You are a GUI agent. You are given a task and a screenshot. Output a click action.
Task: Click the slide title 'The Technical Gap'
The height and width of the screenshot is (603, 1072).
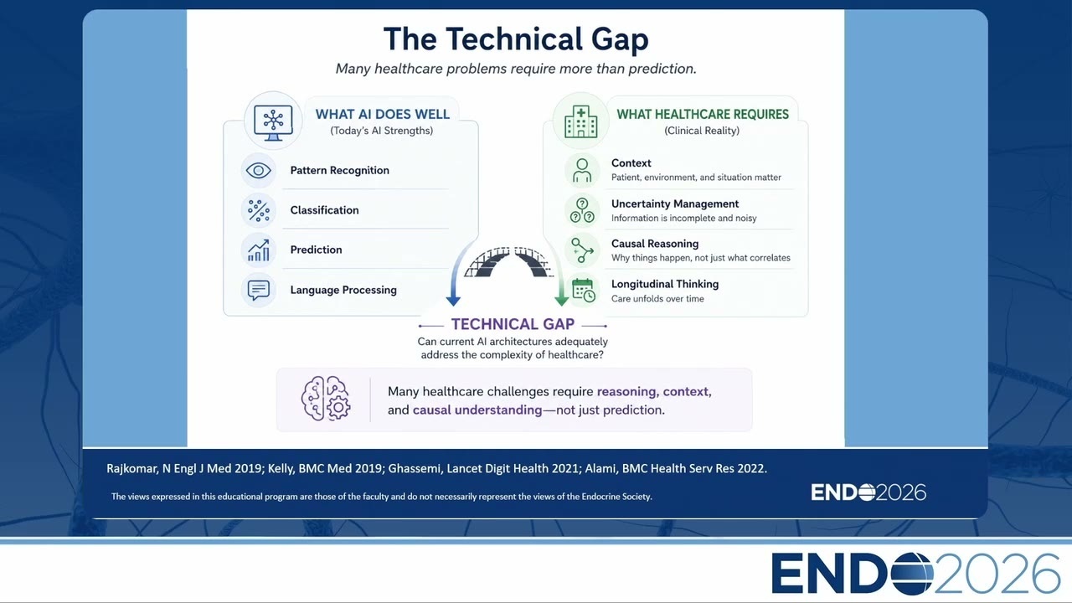point(516,39)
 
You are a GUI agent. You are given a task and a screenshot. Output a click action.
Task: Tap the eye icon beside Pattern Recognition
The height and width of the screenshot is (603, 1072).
point(259,170)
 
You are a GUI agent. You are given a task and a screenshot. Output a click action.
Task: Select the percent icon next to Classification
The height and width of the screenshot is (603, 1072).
point(259,210)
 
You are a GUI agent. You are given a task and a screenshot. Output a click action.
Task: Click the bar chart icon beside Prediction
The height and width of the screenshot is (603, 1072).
point(259,250)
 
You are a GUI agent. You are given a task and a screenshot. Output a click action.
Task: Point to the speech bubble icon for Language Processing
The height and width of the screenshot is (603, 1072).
point(259,290)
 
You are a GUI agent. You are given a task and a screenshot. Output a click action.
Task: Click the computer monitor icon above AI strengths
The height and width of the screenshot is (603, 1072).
point(273,123)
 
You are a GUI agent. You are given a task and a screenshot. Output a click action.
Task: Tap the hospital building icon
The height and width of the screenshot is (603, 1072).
point(580,122)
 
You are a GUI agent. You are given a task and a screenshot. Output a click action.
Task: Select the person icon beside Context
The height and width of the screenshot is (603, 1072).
point(582,171)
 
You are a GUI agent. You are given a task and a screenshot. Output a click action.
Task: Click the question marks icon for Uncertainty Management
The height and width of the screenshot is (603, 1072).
point(582,210)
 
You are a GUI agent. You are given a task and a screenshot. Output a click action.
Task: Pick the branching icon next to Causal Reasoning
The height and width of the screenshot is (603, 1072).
point(582,250)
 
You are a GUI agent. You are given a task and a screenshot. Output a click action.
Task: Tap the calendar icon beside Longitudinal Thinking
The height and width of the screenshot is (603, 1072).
point(584,290)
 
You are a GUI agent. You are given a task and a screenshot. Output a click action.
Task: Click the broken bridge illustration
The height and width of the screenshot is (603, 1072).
point(508,262)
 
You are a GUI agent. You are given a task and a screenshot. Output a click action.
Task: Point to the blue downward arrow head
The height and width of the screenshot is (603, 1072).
point(453,301)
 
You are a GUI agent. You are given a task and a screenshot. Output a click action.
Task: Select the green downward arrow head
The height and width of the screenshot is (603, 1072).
point(561,301)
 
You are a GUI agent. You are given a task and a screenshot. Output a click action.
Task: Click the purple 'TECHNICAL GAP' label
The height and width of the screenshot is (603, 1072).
point(513,324)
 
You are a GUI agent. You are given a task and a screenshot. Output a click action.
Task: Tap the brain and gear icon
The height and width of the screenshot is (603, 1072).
point(326,399)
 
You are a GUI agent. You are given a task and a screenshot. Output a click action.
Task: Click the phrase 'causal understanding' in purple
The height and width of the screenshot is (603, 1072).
point(477,410)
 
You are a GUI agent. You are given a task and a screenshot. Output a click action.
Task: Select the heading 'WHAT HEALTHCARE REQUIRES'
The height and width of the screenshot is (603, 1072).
point(703,115)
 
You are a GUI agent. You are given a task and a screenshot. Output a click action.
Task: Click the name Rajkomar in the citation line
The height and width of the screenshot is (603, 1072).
point(131,468)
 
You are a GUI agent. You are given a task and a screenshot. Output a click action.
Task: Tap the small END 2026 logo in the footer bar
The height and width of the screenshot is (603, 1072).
point(868,492)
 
